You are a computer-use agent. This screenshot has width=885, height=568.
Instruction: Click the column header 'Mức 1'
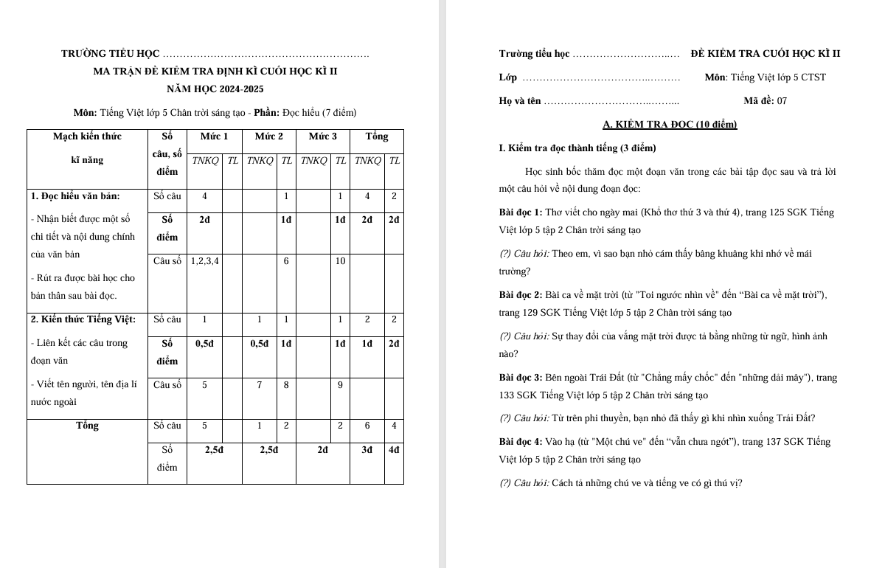point(214,136)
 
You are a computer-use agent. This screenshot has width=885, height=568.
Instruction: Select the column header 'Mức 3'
point(322,136)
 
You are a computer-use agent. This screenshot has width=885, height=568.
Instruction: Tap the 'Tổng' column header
point(376,136)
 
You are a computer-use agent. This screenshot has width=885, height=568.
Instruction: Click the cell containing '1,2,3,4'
point(204,260)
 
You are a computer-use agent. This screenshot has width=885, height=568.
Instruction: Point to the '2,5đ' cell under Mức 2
point(268,449)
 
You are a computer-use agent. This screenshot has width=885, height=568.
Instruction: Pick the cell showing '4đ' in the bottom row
point(394,449)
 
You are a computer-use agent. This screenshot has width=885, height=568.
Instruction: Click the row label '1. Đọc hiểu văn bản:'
point(75,196)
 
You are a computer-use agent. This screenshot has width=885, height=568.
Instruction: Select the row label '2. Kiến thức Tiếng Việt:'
point(83,319)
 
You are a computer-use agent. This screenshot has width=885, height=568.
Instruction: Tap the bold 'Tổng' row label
point(87,426)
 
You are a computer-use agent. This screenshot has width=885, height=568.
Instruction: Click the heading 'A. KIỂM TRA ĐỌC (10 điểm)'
point(670,125)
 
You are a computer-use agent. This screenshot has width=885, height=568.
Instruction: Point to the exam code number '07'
point(782,101)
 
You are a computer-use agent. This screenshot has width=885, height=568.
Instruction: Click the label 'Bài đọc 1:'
point(521,212)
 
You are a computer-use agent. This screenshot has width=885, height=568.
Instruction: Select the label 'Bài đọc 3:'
point(521,378)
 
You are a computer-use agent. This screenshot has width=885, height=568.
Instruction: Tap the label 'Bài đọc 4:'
point(521,442)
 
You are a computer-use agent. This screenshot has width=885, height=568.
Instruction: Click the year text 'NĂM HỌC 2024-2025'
point(215,89)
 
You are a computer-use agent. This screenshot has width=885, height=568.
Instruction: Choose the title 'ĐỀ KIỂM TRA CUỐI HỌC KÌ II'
point(766,54)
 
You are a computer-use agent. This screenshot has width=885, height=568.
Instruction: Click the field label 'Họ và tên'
point(520,101)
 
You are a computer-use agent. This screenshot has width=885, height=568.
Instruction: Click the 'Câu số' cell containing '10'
point(340,260)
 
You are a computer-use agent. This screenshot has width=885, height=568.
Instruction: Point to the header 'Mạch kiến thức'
point(87,136)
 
